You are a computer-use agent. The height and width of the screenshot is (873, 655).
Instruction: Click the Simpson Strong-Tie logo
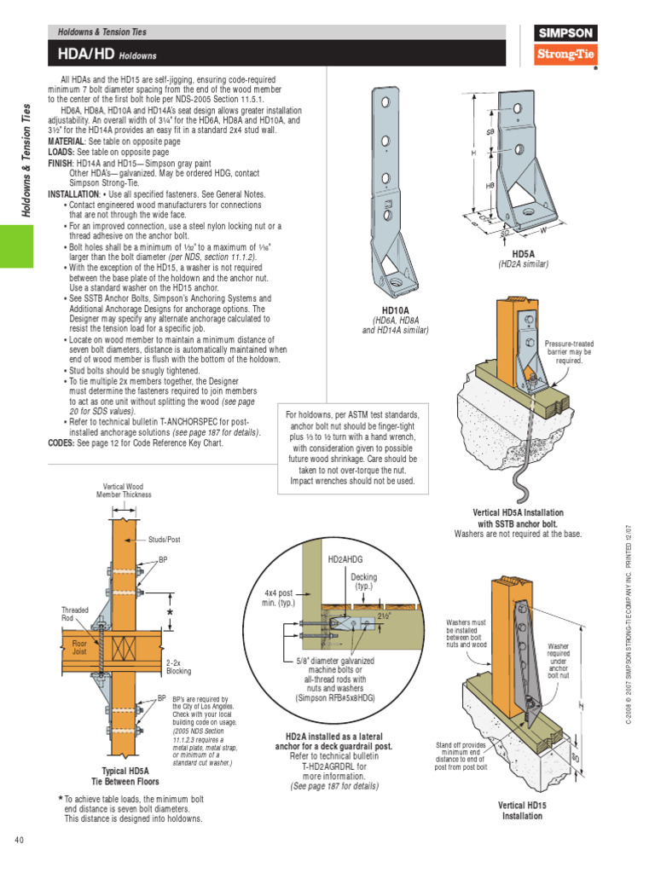pos(565,45)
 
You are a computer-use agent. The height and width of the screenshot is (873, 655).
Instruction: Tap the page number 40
pos(20,841)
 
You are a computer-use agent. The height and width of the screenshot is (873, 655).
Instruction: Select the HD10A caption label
pos(395,311)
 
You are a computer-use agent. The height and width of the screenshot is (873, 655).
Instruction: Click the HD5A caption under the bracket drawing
pos(523,254)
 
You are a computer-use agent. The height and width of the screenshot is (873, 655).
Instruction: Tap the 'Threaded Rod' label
pos(75,615)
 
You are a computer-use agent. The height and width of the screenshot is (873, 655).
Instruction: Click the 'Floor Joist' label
pos(79,649)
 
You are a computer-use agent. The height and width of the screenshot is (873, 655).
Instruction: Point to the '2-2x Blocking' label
pos(178,666)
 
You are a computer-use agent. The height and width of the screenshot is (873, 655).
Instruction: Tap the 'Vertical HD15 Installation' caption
pos(521,810)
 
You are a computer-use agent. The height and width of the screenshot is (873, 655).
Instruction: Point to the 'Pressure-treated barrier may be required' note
pos(568,352)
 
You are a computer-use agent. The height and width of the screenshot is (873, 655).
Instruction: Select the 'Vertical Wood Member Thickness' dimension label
pos(124,490)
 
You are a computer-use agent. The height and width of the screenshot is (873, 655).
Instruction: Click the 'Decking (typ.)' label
pos(363,582)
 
